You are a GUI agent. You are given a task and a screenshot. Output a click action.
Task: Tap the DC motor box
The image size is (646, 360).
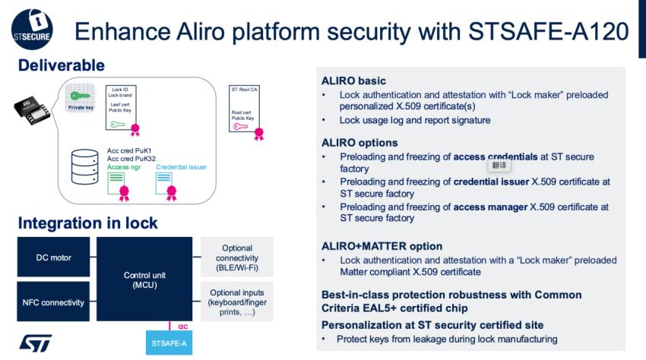tap(53, 257)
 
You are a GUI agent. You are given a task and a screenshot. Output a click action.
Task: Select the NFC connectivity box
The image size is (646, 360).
tap(53, 302)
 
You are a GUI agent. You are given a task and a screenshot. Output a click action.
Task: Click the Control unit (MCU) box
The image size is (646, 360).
tap(144, 279)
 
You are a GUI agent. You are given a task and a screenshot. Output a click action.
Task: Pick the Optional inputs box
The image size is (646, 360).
tap(236, 302)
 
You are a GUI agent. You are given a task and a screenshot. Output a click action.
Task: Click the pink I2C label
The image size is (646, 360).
tap(182, 327)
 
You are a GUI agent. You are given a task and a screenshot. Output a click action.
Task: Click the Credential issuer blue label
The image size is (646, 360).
tap(181, 167)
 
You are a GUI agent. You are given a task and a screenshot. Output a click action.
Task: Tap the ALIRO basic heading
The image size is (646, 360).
tap(353, 81)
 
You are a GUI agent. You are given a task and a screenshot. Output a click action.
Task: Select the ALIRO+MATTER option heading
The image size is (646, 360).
tap(382, 246)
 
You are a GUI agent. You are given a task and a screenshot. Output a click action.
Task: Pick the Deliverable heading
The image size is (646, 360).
tap(61, 66)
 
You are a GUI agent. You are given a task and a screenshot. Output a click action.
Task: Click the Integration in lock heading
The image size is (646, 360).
tap(87, 223)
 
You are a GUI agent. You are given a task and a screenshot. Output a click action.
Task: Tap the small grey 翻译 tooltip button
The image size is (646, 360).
tap(499, 164)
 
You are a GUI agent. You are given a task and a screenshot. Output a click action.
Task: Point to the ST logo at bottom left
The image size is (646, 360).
tap(36, 343)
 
